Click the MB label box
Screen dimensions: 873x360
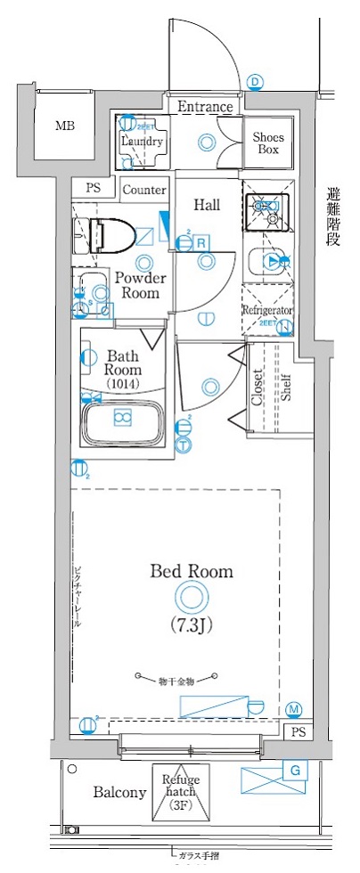tap(64, 125)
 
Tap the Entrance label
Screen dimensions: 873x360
tap(205, 107)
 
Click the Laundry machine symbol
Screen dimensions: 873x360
tap(141, 141)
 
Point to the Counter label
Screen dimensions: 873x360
tap(144, 190)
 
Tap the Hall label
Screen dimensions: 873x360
tap(207, 205)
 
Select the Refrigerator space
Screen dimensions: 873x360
tap(267, 310)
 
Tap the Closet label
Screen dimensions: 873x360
tap(258, 388)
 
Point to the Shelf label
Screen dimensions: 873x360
tap(285, 388)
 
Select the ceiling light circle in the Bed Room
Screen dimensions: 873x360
tap(191, 596)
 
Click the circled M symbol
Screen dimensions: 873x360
tap(295, 709)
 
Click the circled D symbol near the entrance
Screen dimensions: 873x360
tap(256, 83)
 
